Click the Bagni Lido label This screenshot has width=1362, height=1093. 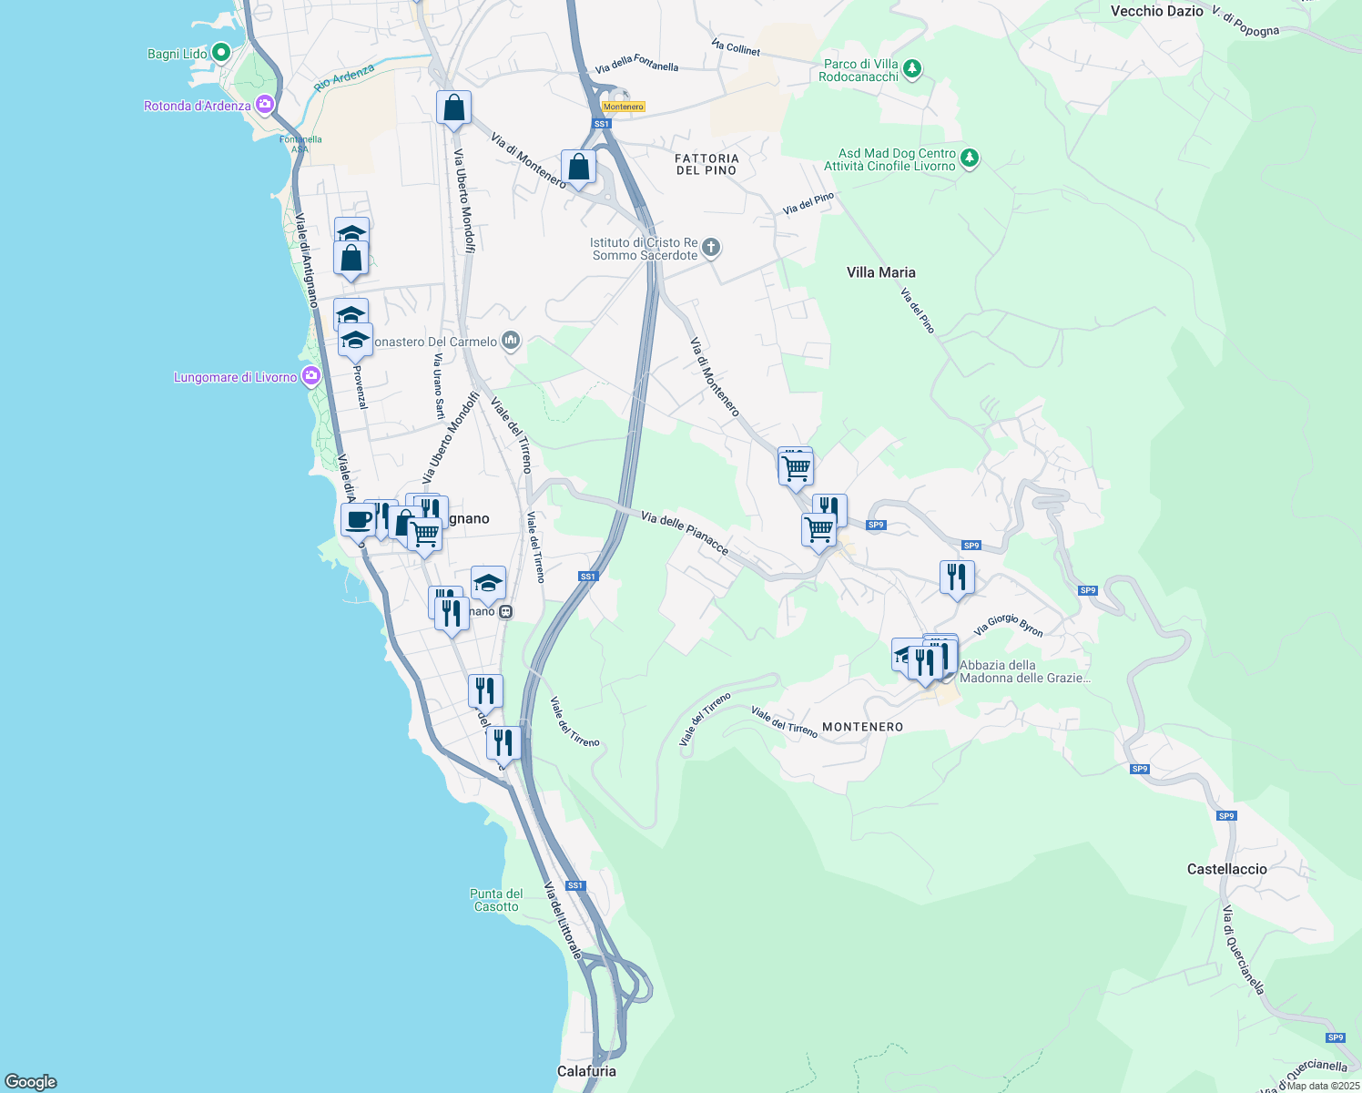pos(178,54)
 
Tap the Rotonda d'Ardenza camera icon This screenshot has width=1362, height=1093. pos(265,105)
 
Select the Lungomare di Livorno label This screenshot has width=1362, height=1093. pos(236,377)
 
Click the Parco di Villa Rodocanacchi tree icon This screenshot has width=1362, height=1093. pos(912,69)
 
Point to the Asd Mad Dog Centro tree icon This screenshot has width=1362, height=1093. pos(970,158)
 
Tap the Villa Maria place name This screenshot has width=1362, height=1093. pos(880,272)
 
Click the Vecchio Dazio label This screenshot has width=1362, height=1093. pos(1156,12)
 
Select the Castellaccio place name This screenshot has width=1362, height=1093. pos(1226,869)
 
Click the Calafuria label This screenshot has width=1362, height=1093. pos(586,1071)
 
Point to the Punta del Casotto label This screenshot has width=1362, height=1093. pos(496,900)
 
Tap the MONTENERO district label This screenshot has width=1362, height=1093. pos(862,727)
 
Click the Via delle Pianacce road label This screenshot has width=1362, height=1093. pos(685,533)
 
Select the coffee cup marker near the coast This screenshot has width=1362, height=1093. pos(358,520)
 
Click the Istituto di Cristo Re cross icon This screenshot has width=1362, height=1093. pos(711,248)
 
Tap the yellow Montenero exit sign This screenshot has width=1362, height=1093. pos(624,107)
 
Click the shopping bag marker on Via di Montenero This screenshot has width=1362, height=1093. pos(578,168)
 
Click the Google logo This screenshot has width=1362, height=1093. pos(31,1082)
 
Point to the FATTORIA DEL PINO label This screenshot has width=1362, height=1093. pos(706,164)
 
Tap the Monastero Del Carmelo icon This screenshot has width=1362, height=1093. pos(510,342)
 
